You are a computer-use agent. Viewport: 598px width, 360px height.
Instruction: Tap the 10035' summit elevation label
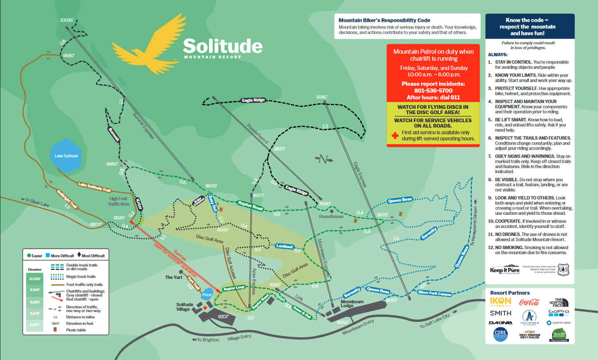[67, 20]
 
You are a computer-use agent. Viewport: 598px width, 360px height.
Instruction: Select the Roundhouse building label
[331, 216]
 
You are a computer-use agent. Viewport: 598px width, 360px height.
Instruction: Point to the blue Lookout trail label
[285, 246]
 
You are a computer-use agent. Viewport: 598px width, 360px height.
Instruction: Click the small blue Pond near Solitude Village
[207, 295]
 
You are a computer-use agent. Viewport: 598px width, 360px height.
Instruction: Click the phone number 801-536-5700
[433, 91]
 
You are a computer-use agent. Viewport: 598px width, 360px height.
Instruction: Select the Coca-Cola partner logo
[529, 302]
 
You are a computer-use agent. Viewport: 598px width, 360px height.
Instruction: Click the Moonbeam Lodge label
[352, 304]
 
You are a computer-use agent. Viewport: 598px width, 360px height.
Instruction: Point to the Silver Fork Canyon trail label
[435, 293]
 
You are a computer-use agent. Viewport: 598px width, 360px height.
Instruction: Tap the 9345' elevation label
[322, 97]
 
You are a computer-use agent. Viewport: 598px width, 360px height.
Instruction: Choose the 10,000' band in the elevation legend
[35, 279]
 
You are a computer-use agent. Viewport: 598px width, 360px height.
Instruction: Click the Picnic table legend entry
[76, 330]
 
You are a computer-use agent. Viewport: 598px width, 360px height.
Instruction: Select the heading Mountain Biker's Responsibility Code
[384, 20]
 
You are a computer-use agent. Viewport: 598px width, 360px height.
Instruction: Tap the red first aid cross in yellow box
[395, 135]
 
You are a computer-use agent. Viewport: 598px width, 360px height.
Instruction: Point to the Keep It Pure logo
[504, 270]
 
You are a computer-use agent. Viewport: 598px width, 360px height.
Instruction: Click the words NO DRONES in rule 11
[507, 234]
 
